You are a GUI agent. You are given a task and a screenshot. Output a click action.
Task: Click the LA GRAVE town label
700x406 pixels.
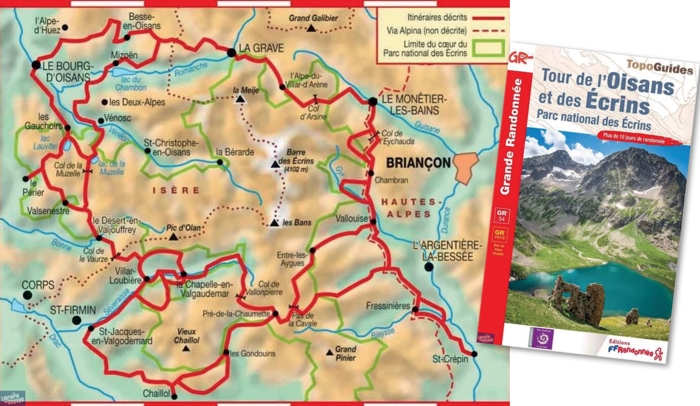(261, 48)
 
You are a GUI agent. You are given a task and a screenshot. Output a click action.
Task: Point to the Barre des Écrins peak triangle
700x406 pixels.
(275, 164)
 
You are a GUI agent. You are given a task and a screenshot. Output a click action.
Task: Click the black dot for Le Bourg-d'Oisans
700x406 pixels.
(35, 65)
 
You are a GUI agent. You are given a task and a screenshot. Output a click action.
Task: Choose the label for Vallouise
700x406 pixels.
(352, 218)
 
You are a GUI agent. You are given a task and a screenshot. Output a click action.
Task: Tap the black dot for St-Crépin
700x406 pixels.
(474, 354)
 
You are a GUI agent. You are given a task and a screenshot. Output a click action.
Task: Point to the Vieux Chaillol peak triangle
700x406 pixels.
(187, 349)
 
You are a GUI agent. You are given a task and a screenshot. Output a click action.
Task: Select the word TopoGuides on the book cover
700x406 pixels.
(659, 66)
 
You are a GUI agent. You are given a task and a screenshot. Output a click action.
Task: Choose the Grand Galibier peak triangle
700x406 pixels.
(311, 29)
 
